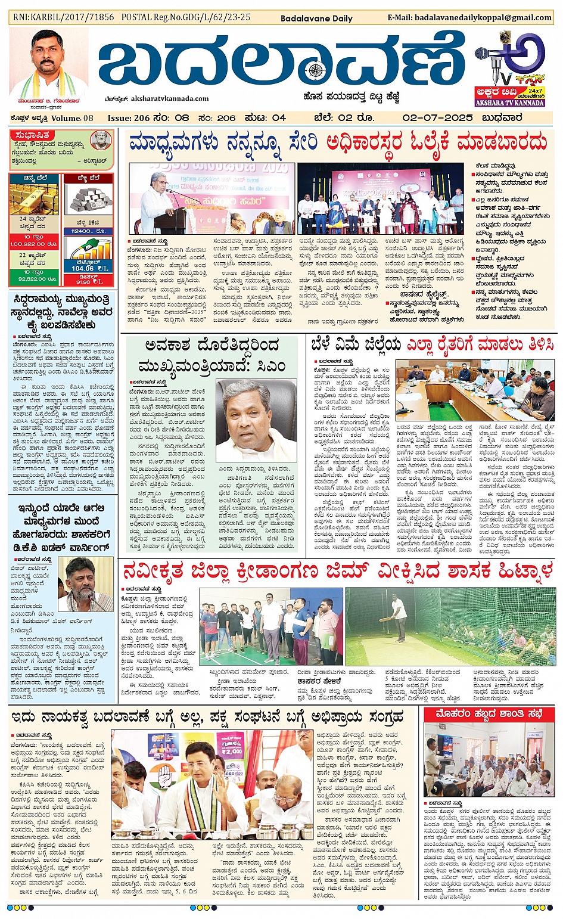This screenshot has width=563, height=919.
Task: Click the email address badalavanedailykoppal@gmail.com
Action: point(469,17)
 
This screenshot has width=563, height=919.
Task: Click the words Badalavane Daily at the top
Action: point(316,18)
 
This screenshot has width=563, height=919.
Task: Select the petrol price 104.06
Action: point(83,268)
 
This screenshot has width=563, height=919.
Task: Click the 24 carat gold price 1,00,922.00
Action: point(33,244)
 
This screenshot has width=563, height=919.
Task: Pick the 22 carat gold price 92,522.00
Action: point(33,278)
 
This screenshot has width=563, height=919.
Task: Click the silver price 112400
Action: point(81,231)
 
